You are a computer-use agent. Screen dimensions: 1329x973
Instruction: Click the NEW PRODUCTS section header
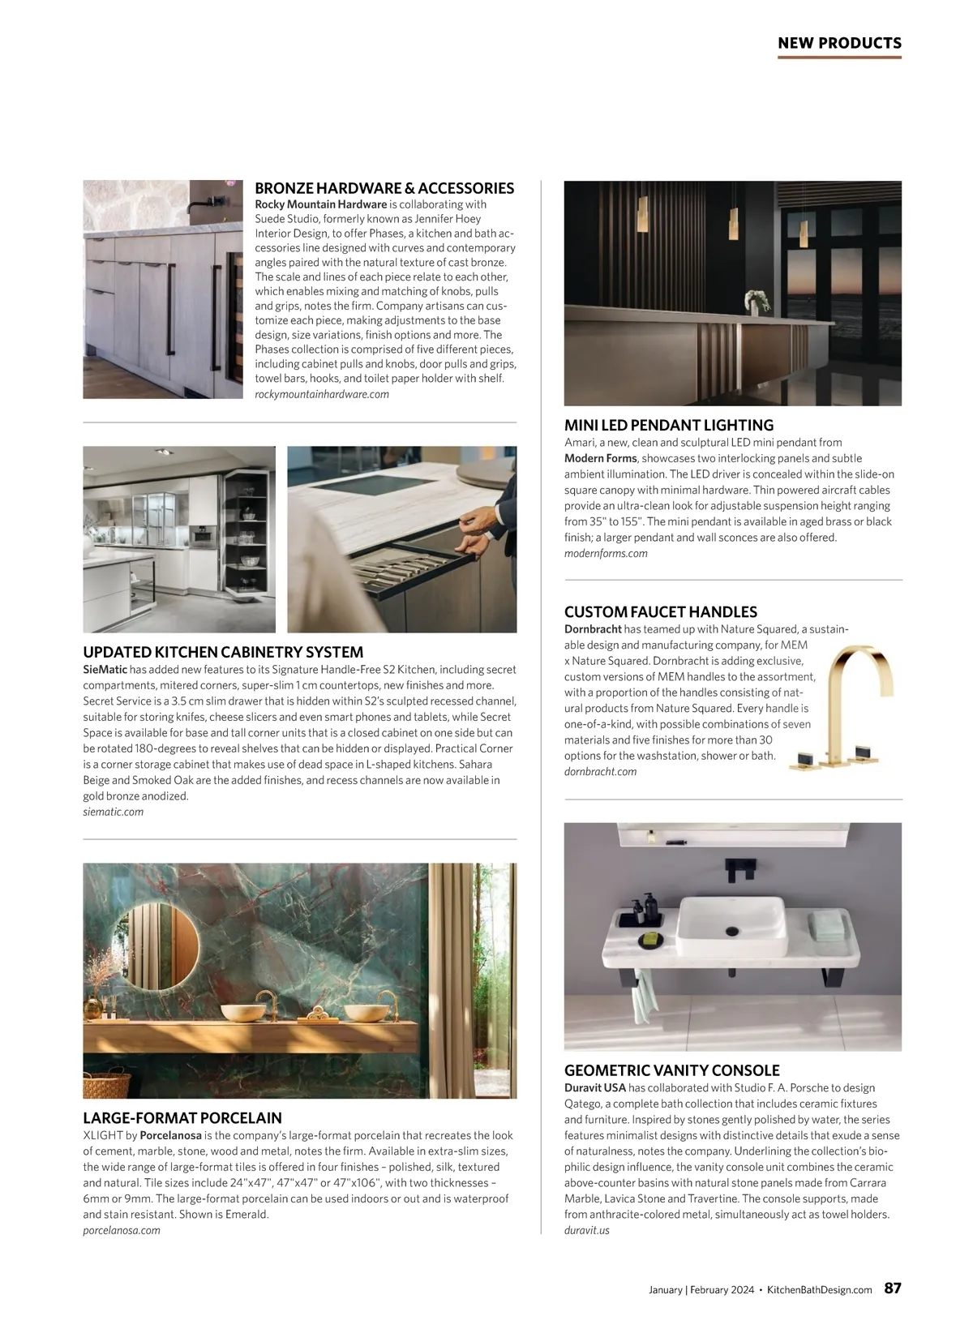(839, 43)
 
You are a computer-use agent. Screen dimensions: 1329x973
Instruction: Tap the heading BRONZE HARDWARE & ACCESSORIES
(384, 188)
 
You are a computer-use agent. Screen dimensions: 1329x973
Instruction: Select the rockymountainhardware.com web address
(322, 394)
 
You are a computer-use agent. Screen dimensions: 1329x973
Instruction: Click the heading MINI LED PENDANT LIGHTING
(669, 425)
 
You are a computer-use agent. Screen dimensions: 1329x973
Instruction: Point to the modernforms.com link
(606, 553)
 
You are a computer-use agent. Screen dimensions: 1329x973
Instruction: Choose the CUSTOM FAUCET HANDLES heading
(661, 612)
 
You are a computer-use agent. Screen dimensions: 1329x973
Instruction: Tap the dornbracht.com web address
(600, 771)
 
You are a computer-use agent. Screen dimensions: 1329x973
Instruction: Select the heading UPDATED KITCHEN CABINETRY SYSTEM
(223, 652)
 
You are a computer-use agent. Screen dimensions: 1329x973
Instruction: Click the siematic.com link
(113, 812)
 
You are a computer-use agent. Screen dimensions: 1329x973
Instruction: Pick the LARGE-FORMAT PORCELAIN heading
(182, 1117)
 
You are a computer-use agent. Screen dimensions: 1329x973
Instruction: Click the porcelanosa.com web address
(122, 1230)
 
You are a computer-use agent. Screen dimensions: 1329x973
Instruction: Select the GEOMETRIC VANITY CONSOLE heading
(672, 1070)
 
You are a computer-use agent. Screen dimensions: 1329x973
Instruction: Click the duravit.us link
(586, 1230)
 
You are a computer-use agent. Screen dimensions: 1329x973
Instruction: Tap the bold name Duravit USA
(594, 1087)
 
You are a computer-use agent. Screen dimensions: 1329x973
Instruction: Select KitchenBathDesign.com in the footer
(819, 1289)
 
